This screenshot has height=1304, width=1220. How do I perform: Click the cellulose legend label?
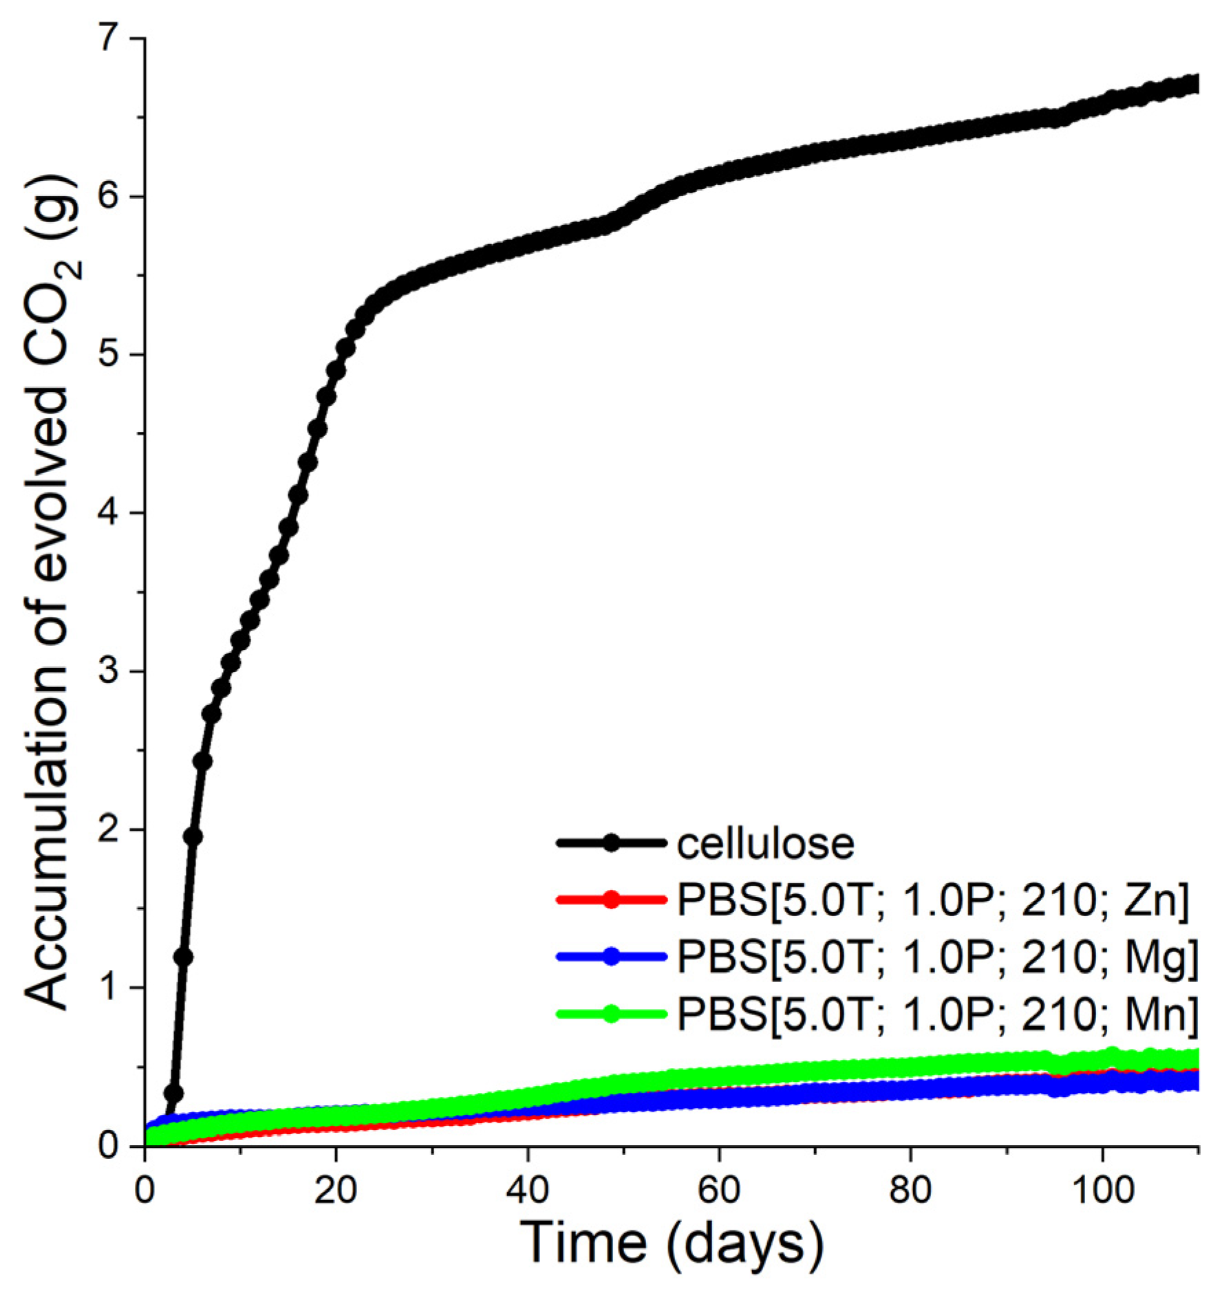[765, 845]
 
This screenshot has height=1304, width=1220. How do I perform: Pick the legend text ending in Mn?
[938, 1013]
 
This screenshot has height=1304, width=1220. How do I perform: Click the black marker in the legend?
[611, 843]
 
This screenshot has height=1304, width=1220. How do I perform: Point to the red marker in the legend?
[611, 900]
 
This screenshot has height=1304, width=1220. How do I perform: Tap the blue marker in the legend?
[611, 956]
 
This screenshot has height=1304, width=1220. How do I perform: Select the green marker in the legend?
[611, 1013]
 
